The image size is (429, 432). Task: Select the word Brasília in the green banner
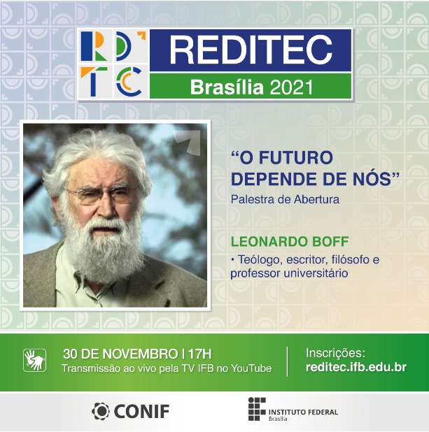(216, 87)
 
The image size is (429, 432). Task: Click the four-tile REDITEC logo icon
(113, 64)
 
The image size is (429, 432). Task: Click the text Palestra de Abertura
(285, 199)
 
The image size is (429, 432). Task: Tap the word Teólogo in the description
(260, 259)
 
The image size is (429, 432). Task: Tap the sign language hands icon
(35, 360)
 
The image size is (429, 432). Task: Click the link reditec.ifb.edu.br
(356, 368)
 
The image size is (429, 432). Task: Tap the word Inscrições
(335, 353)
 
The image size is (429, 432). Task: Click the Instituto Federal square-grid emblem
(256, 410)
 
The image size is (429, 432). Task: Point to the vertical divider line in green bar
(288, 361)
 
